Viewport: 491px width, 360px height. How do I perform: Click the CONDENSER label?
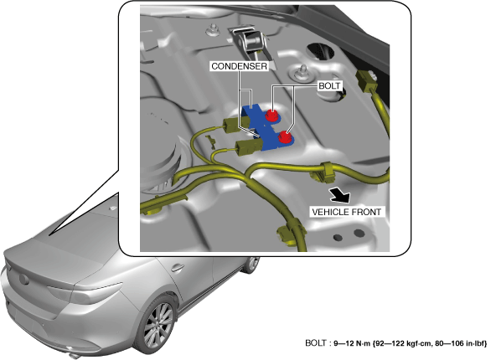tap(240, 66)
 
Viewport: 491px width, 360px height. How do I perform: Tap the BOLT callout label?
tap(329, 85)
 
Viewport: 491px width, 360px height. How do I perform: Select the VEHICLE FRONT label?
tap(347, 212)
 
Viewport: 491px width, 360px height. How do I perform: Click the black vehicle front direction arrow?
tap(339, 195)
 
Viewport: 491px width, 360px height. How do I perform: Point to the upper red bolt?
tap(271, 116)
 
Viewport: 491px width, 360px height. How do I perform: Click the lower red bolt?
tap(285, 136)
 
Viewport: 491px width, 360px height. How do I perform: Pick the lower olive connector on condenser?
tap(249, 147)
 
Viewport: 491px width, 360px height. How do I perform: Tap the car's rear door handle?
tap(177, 268)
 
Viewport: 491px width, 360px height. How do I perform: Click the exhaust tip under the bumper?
tap(74, 356)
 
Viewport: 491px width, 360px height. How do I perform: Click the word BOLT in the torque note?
tap(316, 343)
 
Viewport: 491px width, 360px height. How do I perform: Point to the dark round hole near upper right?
tap(320, 50)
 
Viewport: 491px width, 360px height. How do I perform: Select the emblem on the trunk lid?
tap(24, 279)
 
